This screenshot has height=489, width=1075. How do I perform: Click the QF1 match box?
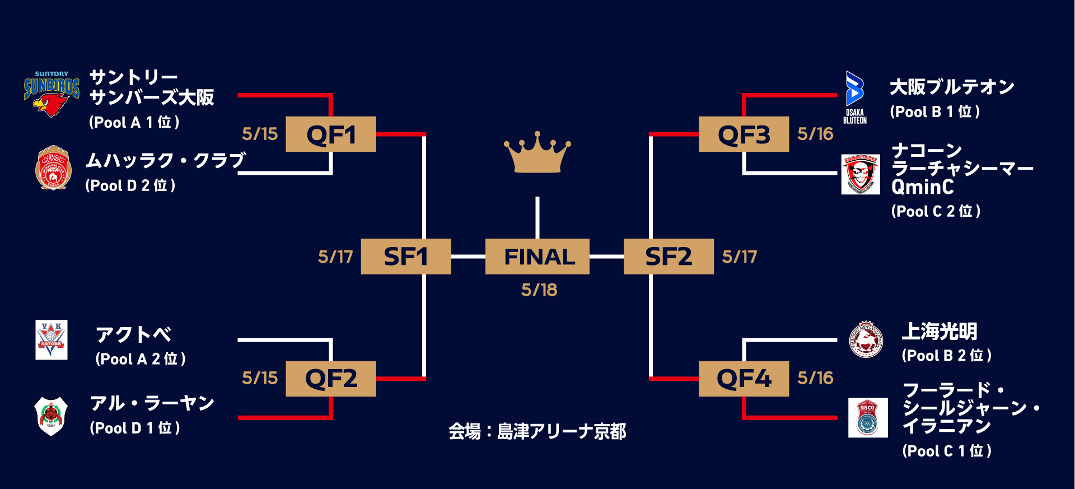click(330, 134)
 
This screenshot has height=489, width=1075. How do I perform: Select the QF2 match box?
click(330, 379)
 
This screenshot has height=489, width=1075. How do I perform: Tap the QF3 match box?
click(744, 134)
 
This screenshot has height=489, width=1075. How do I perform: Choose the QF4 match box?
click(744, 379)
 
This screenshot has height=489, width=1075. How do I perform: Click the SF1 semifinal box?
click(406, 257)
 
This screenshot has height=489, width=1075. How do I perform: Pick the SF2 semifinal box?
click(669, 257)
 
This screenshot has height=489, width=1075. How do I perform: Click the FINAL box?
click(537, 257)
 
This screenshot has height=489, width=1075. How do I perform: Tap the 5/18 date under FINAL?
click(539, 290)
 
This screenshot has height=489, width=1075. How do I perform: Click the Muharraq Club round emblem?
click(53, 168)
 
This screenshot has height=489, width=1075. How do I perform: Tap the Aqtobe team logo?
click(52, 339)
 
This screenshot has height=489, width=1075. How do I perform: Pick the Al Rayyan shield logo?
click(51, 416)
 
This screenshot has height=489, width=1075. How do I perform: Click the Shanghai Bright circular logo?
click(866, 339)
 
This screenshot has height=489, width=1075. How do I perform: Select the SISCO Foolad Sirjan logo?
click(867, 417)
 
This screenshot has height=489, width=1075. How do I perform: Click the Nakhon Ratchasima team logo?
click(861, 175)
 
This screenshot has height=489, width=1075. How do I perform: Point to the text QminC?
click(922, 187)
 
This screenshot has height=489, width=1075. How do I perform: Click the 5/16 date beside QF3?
click(815, 134)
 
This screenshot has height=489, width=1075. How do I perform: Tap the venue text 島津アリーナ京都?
click(562, 431)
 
